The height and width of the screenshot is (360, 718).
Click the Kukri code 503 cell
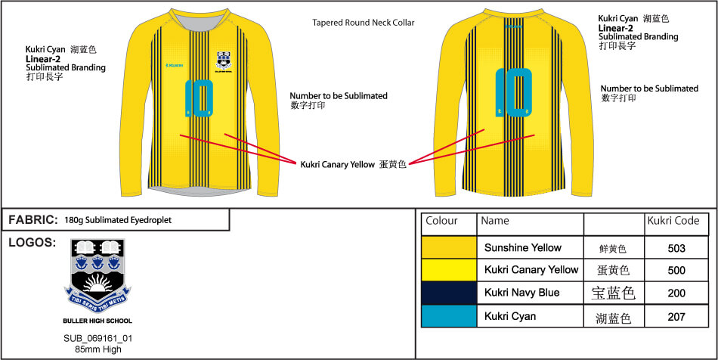click(676, 247)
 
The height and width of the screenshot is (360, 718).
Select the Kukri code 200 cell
click(676, 293)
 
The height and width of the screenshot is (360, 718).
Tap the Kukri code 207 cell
click(676, 316)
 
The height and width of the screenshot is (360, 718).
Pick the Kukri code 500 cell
click(676, 270)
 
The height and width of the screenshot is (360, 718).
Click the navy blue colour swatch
click(449, 293)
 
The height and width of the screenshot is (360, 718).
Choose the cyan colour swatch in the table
click(449, 316)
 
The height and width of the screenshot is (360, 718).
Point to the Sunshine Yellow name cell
click(522, 247)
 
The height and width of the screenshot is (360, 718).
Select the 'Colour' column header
click(442, 221)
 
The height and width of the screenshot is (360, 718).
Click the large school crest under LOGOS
click(97, 276)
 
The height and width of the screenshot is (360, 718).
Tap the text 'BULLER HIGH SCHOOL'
click(97, 321)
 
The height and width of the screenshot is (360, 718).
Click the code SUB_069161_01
click(97, 338)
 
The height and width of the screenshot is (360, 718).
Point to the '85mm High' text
click(97, 349)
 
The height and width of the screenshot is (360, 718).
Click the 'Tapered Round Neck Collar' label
click(363, 23)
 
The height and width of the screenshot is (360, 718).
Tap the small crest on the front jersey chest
click(224, 60)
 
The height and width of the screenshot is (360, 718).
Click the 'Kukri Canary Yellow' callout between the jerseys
click(336, 164)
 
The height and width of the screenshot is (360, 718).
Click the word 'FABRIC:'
click(32, 220)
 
